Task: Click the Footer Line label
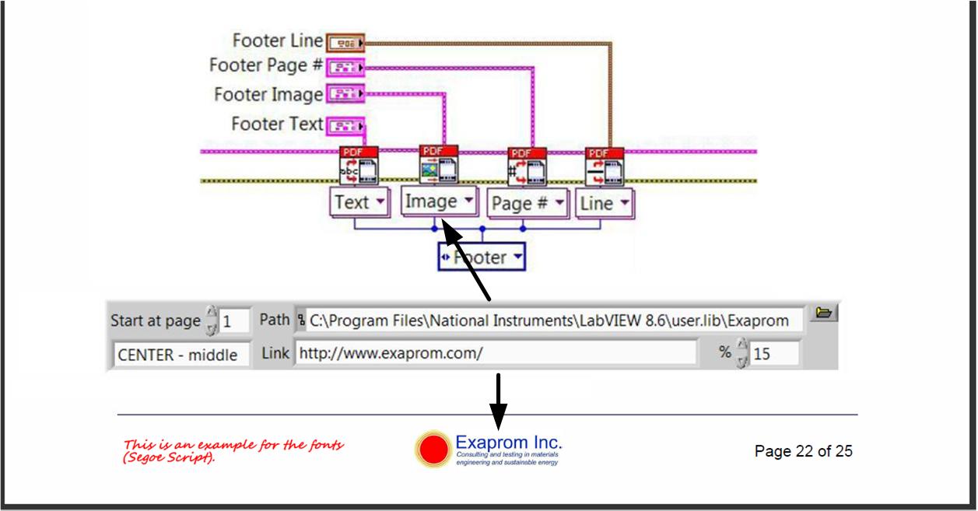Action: point(278,41)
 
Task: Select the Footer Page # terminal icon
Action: point(341,68)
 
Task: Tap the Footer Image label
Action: point(268,95)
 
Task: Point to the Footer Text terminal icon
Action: point(340,124)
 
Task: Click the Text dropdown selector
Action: point(359,203)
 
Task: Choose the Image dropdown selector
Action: point(438,201)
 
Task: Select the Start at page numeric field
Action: point(233,320)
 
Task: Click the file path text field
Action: point(549,320)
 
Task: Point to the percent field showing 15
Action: point(773,355)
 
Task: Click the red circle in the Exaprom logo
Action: point(433,450)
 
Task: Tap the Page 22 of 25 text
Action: point(803,451)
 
